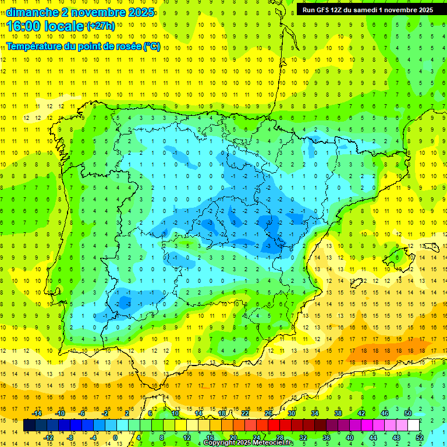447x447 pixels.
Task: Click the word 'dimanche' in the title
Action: point(32,12)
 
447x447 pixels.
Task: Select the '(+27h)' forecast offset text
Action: point(100,25)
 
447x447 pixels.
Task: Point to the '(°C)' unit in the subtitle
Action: point(152,47)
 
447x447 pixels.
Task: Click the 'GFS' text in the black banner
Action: point(326,10)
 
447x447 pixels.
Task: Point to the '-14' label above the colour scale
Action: point(37,413)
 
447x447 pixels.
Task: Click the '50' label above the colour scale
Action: point(408,413)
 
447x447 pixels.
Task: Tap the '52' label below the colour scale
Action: point(420,438)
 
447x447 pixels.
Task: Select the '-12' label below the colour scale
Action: point(49,438)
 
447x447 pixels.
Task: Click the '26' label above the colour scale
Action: point(268,413)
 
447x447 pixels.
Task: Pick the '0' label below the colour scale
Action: point(116,438)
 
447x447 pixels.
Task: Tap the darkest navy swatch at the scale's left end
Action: point(29,425)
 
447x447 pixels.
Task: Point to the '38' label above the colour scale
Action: point(338,413)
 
